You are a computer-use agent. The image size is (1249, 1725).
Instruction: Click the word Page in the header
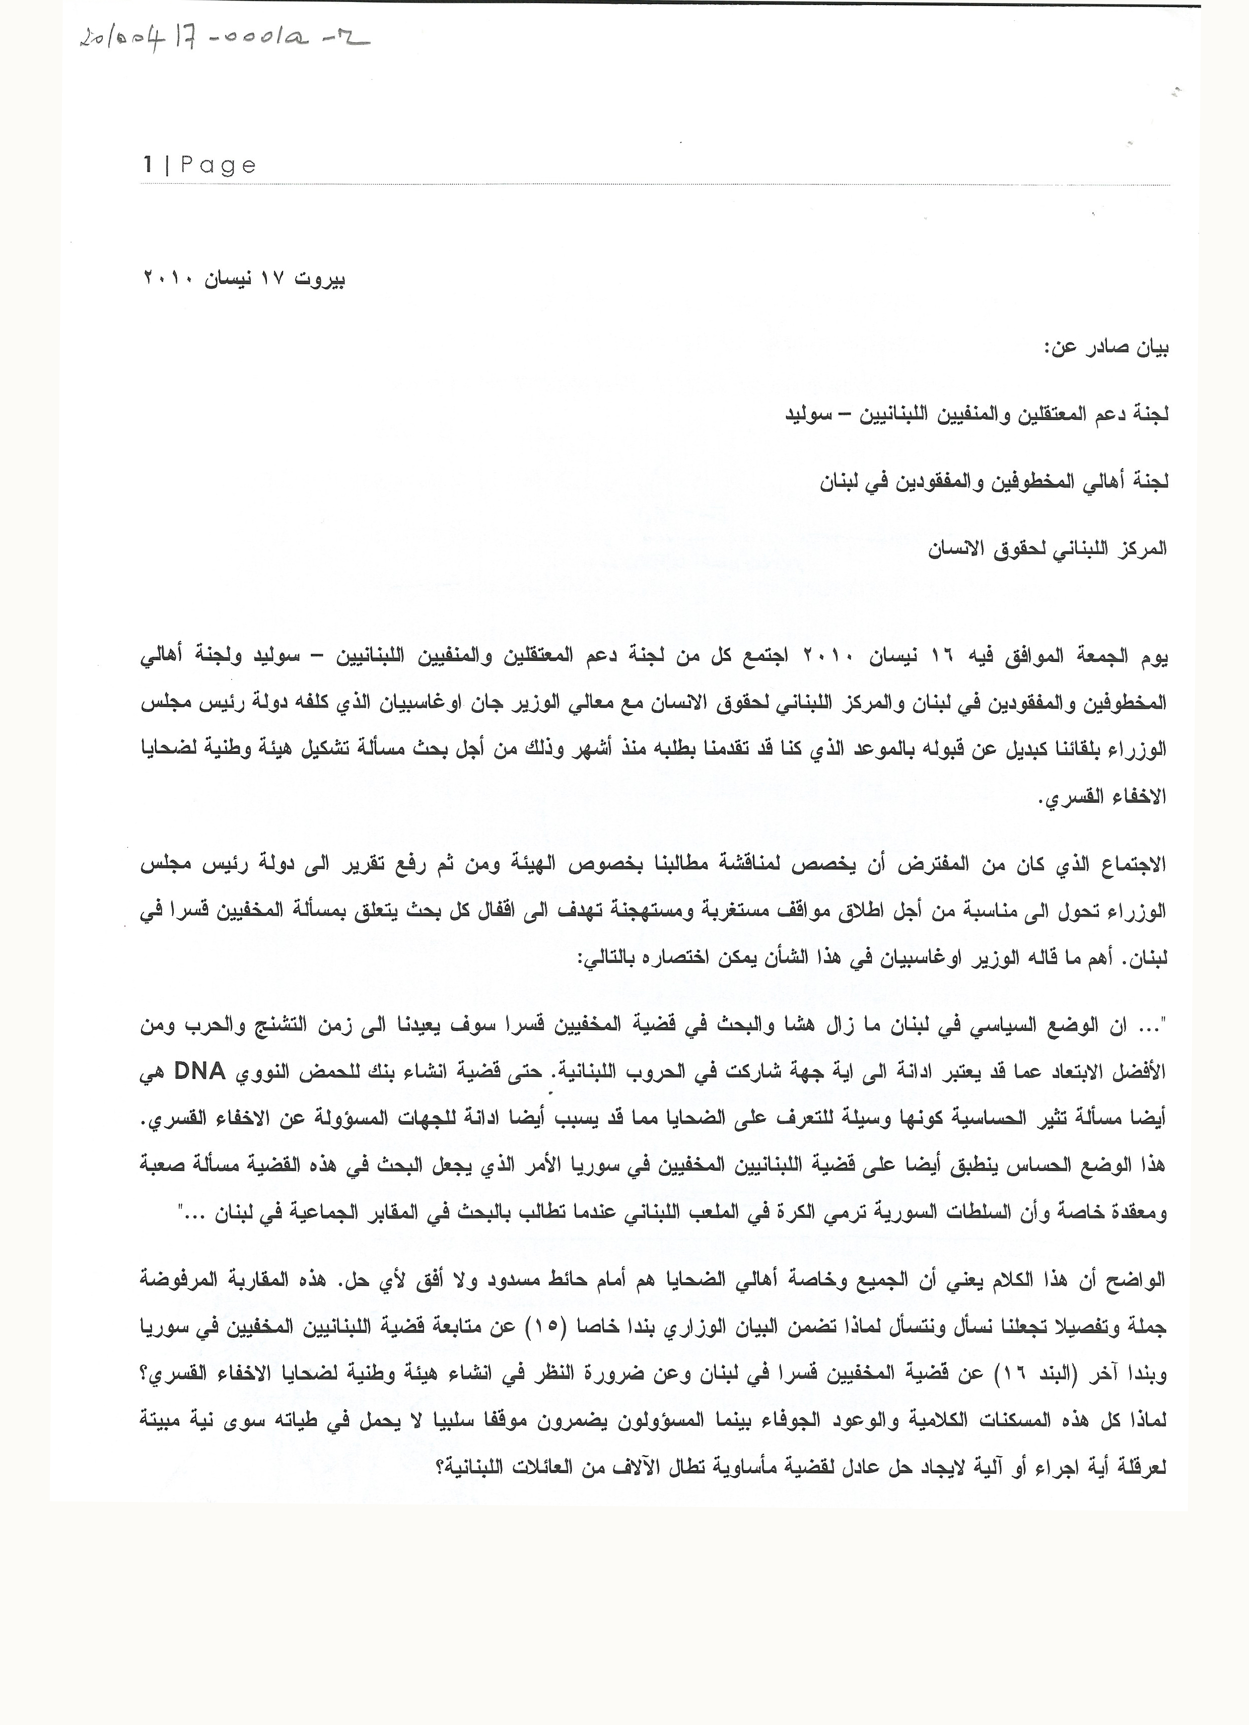[x=218, y=166]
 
